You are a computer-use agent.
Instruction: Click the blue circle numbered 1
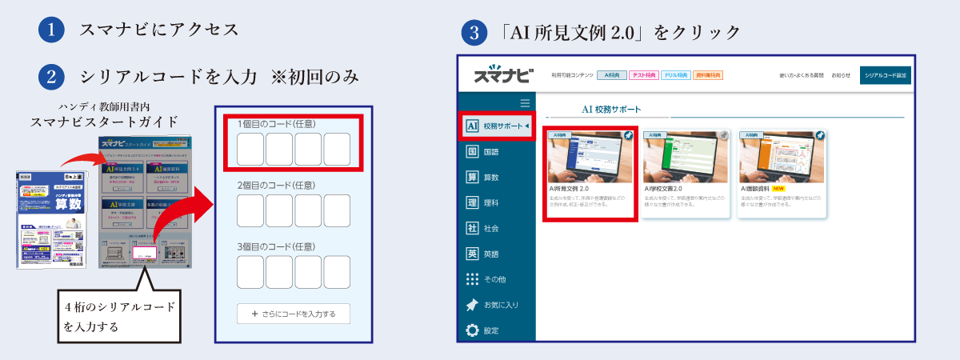pos(50,30)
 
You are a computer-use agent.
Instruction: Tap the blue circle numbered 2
pos(50,77)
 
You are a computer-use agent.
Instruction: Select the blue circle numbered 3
pos(475,34)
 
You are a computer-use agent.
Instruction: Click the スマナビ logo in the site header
pos(502,75)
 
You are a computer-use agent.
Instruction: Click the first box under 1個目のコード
pos(250,150)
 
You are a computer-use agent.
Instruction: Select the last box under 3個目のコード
pos(337,274)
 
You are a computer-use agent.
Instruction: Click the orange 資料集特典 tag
pos(708,75)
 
